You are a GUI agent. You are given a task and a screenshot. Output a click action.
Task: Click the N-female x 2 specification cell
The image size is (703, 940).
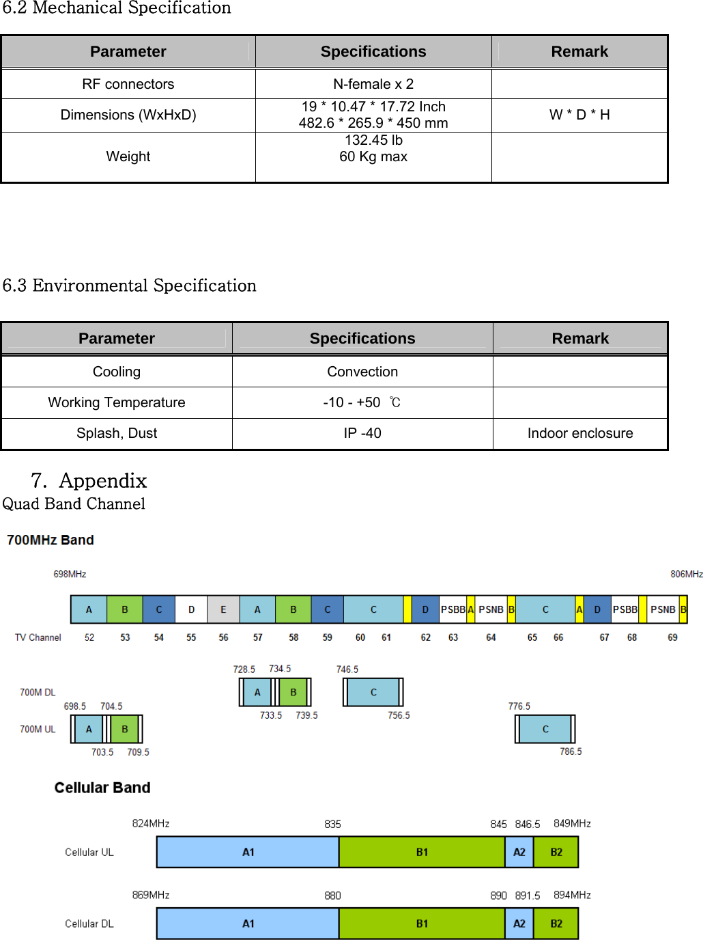[373, 84]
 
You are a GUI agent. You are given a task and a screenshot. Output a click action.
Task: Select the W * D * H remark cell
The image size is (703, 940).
[579, 115]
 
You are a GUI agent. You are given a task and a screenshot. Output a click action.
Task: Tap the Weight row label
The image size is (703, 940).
[128, 156]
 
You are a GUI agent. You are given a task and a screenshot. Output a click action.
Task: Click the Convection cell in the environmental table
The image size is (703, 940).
[362, 372]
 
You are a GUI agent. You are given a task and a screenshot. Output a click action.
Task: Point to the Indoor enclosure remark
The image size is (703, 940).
[580, 433]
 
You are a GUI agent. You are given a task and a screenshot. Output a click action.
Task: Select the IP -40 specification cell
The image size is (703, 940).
[362, 433]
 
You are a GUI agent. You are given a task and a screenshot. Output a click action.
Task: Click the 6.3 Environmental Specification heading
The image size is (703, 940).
[130, 286]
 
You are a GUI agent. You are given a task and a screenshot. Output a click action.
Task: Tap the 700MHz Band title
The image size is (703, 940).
[51, 540]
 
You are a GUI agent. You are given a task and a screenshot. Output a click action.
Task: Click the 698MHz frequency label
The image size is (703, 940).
[70, 575]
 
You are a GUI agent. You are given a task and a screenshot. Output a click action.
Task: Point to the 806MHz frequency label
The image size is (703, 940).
[686, 575]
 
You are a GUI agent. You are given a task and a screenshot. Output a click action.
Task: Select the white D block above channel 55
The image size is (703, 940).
[192, 609]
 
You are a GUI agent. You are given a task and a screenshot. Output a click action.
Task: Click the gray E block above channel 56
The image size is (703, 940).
[223, 609]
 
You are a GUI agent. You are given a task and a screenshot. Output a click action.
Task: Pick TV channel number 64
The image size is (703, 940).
[491, 637]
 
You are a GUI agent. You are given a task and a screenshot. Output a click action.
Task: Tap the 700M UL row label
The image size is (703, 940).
[38, 730]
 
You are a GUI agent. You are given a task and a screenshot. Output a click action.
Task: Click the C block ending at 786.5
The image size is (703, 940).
[545, 729]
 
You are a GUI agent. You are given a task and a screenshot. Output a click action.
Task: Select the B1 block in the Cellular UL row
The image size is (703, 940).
[422, 852]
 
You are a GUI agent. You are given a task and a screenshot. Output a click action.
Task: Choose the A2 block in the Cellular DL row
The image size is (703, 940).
[519, 924]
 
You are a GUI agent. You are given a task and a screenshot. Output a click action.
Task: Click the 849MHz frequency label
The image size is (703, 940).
[572, 824]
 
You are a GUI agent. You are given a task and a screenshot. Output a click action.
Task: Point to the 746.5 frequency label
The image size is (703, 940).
[347, 669]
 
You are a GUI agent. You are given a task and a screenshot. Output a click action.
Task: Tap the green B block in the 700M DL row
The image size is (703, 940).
[293, 692]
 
